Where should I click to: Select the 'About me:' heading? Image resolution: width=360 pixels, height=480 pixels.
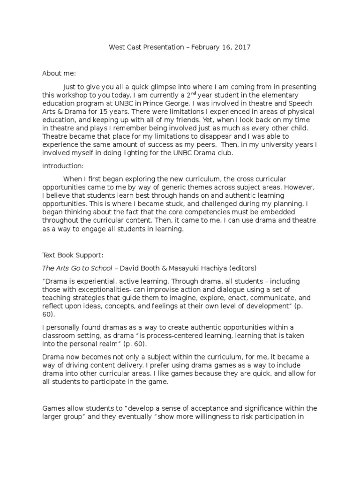coord(59,74)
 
